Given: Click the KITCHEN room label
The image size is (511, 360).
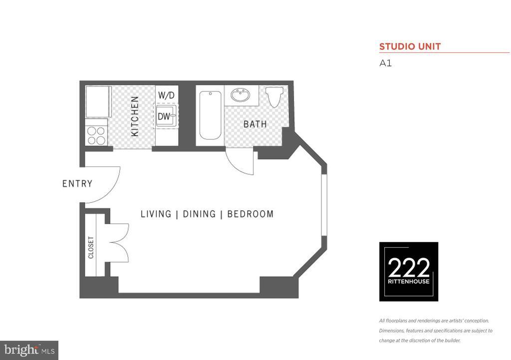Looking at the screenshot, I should [135, 116].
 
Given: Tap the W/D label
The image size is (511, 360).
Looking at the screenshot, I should [166, 95].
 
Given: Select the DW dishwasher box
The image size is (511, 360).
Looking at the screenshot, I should [165, 117].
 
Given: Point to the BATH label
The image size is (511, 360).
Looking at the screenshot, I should [255, 124].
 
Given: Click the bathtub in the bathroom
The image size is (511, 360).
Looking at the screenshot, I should [210, 115].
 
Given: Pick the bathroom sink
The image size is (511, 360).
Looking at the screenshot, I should [242, 95].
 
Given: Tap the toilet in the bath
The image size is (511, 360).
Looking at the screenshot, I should [274, 97].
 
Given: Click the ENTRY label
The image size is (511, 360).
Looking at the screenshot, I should [77, 184].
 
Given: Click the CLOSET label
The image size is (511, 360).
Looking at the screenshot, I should [91, 247].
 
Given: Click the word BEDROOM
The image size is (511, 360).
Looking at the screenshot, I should [251, 214].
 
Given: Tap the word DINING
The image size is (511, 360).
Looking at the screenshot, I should [199, 214].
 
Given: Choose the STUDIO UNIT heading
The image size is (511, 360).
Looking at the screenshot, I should [410, 47].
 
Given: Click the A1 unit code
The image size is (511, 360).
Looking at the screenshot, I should [385, 63].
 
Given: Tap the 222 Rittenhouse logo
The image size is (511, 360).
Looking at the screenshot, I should [409, 272].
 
